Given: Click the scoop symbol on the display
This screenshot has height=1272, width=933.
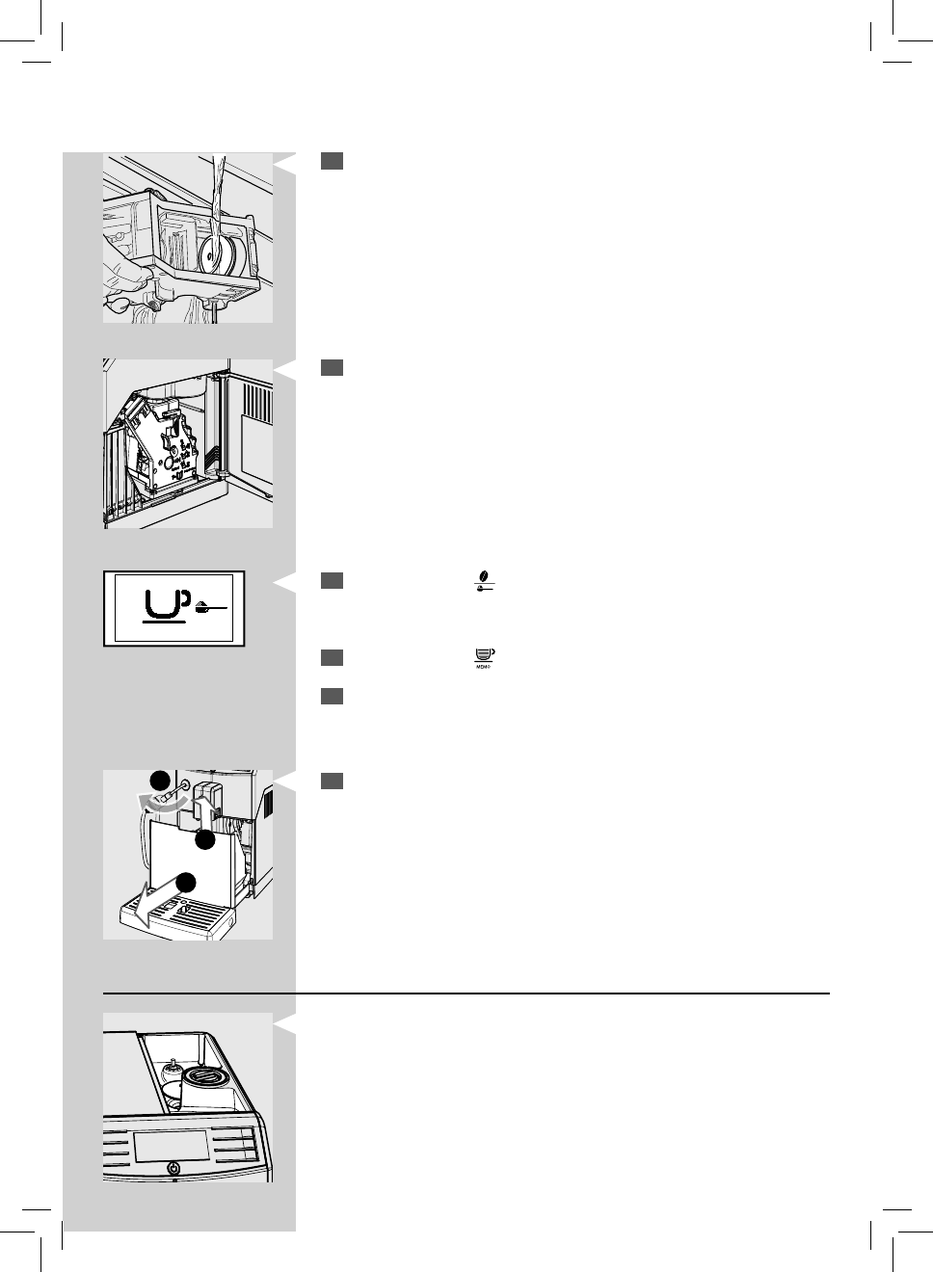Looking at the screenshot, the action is coord(214,608).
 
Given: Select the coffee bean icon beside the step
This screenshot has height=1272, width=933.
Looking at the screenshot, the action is coord(483,578).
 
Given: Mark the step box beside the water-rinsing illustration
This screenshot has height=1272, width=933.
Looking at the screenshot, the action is coord(333,162).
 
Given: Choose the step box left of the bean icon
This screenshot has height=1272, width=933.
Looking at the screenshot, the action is coord(333,579).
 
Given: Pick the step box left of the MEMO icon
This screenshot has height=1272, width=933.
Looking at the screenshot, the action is coord(333,657).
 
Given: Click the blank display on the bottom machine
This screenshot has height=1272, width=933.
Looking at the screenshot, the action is coord(172,1145).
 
